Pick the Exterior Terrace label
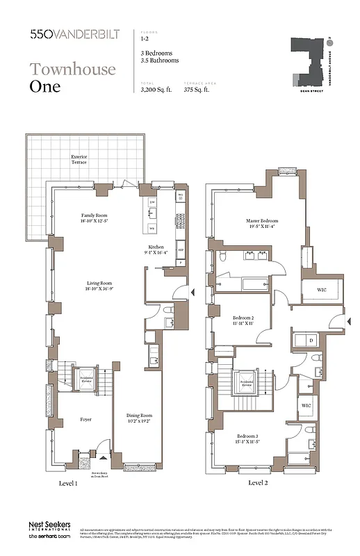click(79, 160)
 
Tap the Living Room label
click(99, 286)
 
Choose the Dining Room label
click(139, 417)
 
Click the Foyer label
click(85, 419)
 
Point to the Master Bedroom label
click(261, 223)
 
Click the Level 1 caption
click(68, 482)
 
